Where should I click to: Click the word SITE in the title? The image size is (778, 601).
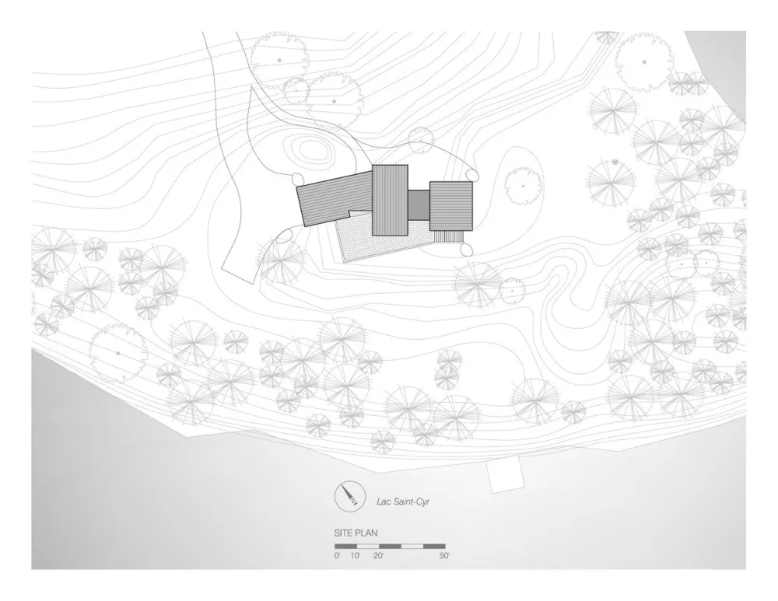click(x=345, y=535)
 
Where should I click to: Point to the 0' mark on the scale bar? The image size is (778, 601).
click(x=337, y=556)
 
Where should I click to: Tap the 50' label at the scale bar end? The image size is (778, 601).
click(x=444, y=556)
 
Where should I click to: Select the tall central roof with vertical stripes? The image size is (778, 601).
click(x=390, y=200)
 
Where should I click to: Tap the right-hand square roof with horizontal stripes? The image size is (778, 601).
click(x=451, y=205)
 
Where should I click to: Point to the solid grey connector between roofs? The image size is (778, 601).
click(x=419, y=205)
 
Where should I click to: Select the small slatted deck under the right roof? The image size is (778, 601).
click(x=450, y=236)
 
